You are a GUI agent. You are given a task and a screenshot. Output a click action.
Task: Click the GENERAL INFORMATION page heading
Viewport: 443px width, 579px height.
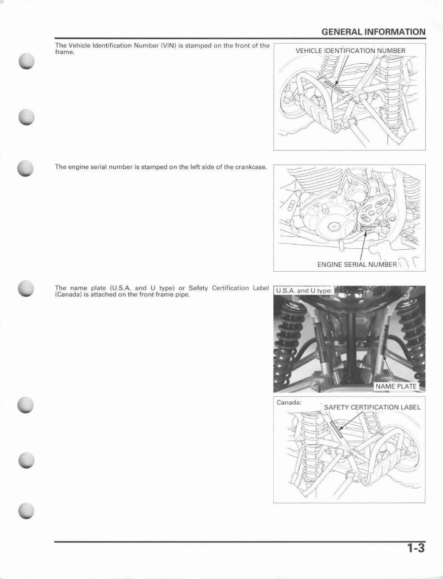pos(373,32)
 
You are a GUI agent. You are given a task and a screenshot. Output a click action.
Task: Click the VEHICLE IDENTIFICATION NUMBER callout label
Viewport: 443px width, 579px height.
pos(350,51)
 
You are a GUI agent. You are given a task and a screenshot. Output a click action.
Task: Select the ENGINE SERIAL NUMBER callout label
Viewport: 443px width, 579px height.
pos(357,265)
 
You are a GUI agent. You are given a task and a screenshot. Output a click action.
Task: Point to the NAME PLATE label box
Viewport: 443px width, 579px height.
pos(396,386)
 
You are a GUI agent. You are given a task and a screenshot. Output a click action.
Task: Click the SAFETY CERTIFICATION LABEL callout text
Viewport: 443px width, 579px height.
pos(372,407)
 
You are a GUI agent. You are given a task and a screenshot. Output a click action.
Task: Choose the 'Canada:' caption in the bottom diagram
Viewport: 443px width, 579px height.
pos(289,403)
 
